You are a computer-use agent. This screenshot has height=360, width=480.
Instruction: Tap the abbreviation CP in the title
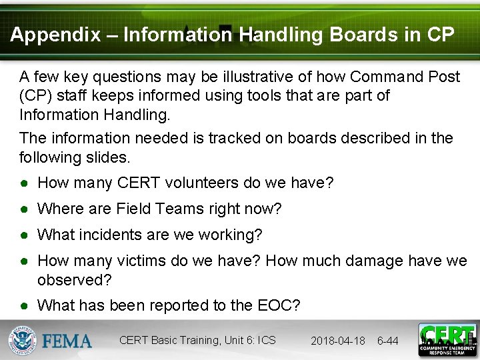[x=440, y=35]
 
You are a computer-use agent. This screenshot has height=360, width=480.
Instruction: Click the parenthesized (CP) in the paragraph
[x=35, y=95]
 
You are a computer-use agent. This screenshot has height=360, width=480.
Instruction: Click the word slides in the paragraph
[x=112, y=157]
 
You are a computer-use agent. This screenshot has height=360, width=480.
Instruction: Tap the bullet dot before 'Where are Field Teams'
[x=24, y=209]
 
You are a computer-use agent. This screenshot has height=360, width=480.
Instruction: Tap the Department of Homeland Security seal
[x=22, y=341]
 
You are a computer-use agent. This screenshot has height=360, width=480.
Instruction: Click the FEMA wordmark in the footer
[x=67, y=341]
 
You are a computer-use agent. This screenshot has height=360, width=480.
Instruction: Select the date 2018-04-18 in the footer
[x=338, y=341]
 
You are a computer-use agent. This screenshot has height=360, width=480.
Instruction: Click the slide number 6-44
[x=388, y=341]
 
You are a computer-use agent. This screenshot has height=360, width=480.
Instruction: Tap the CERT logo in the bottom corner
[x=447, y=340]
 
